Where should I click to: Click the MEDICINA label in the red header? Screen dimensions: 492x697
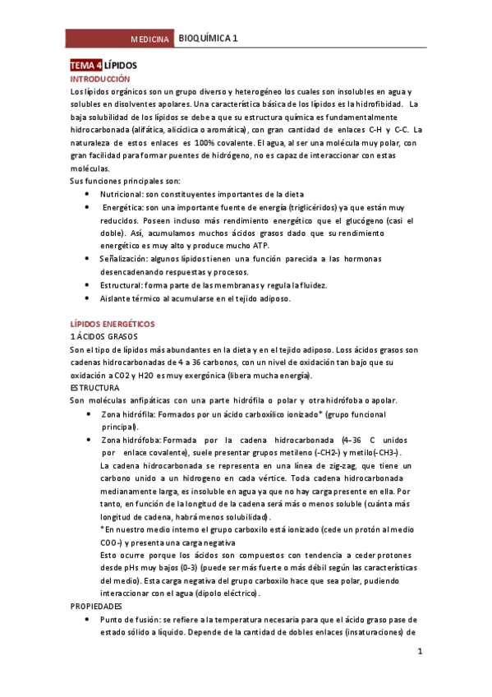150,39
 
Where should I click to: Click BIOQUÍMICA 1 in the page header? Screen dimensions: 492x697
209,39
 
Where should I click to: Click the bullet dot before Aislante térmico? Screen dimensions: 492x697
88,298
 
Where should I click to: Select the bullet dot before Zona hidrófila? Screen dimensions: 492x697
88,414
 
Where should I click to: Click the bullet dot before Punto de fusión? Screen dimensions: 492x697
88,619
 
